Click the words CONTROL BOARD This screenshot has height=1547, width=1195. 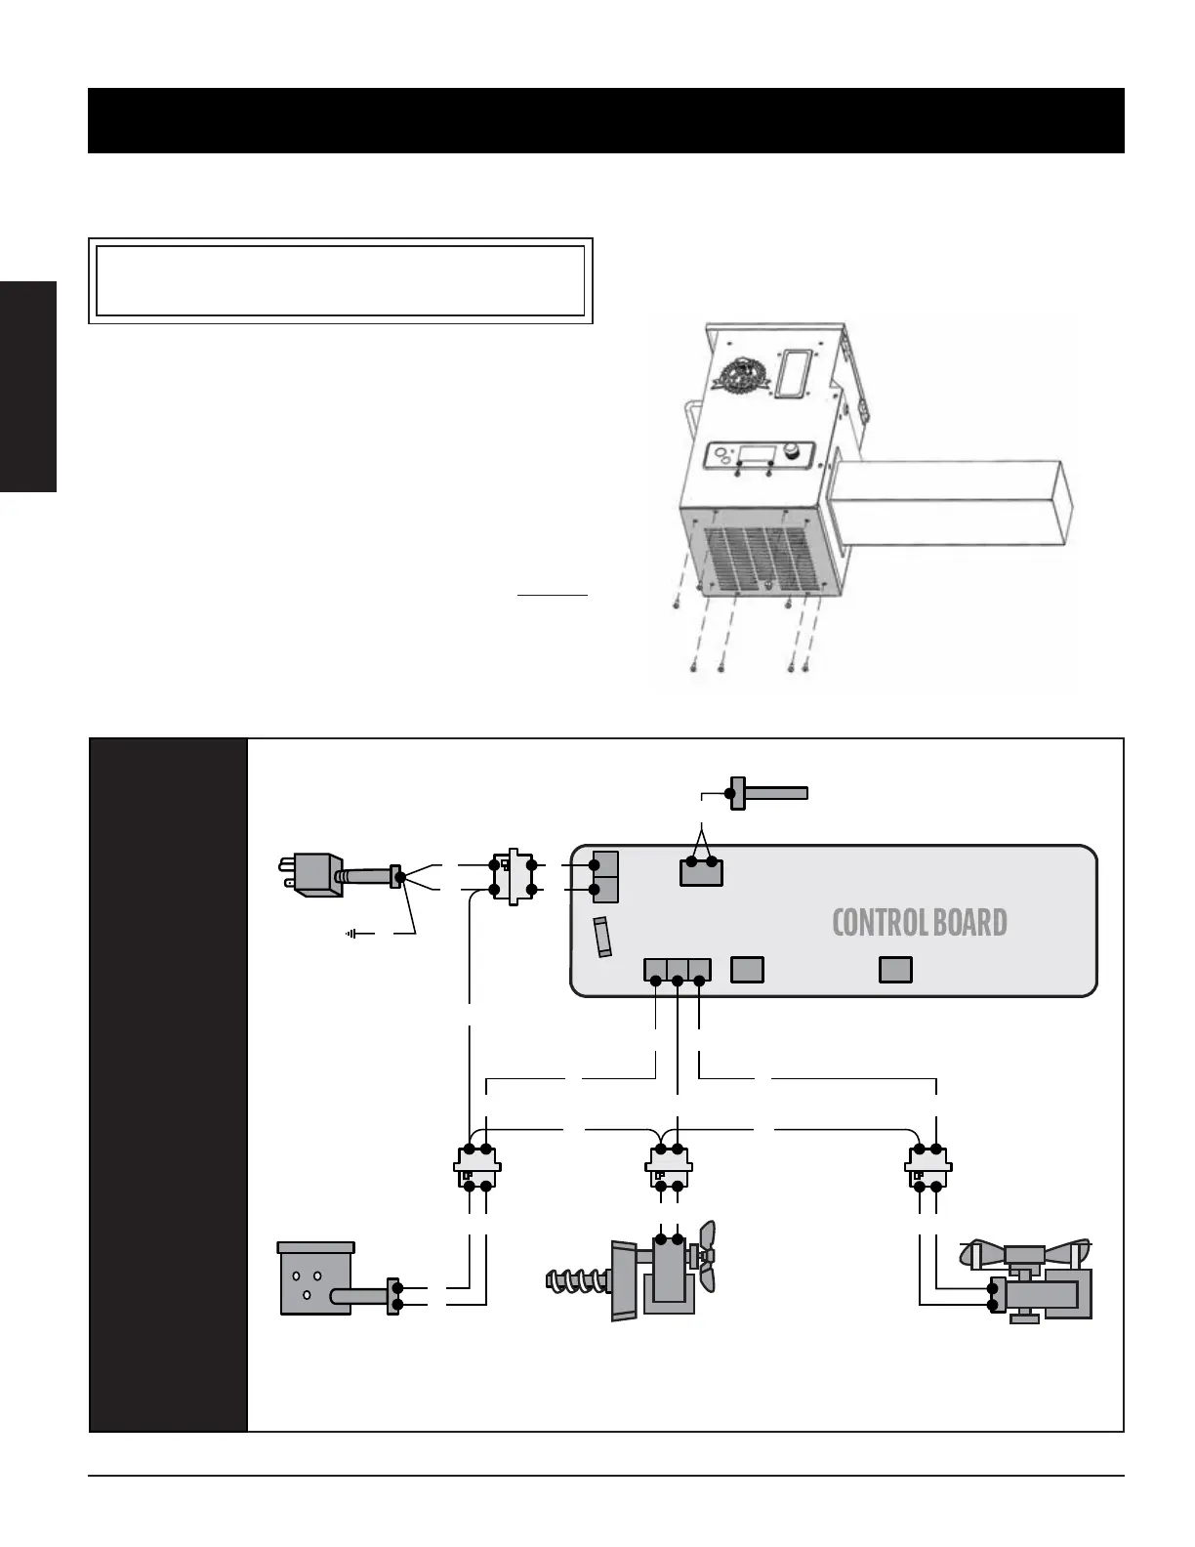(x=919, y=923)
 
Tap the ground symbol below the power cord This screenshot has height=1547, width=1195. (x=351, y=934)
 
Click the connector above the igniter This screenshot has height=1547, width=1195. (x=477, y=1166)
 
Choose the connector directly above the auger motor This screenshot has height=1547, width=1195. (x=669, y=1166)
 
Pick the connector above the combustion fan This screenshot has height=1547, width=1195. (x=927, y=1166)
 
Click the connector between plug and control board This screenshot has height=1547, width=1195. (x=513, y=876)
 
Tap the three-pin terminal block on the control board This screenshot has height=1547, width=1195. (x=678, y=970)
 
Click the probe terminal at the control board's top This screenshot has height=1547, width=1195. (x=701, y=870)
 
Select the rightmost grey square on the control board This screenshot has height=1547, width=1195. (x=895, y=969)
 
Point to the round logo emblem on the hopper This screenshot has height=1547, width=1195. (x=738, y=377)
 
